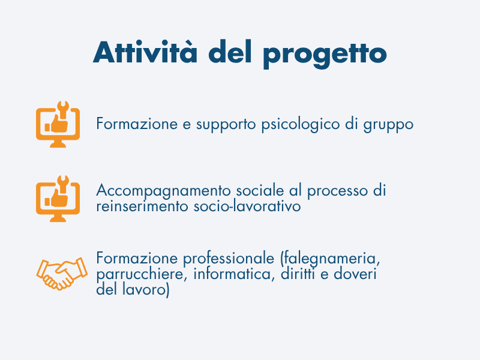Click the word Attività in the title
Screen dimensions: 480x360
tap(145, 52)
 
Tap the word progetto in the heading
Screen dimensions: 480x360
tap(325, 55)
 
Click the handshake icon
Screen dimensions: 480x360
tap(62, 274)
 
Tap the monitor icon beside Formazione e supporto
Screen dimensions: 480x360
tap(58, 124)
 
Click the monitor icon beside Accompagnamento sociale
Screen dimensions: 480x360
tap(58, 199)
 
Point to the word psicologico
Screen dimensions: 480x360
tap(301, 125)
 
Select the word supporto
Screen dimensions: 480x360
tap(226, 125)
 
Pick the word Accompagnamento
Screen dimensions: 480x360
tap(163, 191)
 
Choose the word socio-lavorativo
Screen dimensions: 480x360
tap(247, 205)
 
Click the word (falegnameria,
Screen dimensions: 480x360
tap(330, 259)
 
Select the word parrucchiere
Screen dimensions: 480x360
tap(142, 274)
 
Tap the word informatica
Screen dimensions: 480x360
tap(232, 274)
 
